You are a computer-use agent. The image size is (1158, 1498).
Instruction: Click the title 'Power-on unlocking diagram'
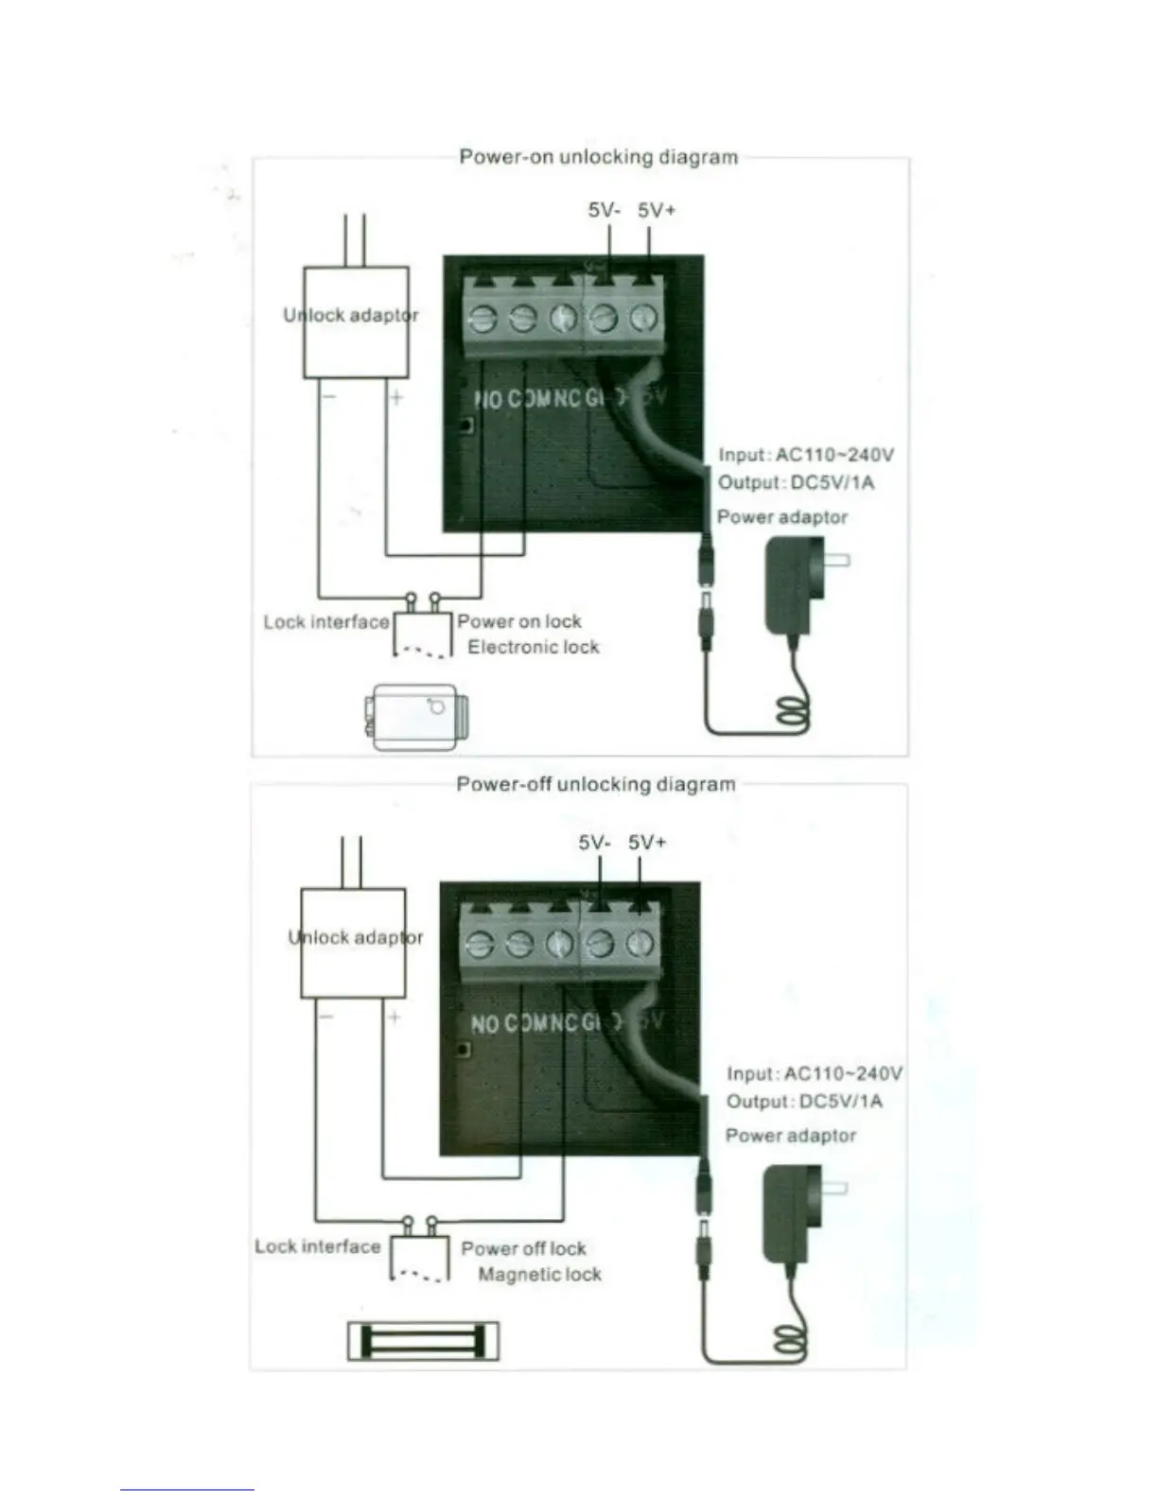tap(598, 157)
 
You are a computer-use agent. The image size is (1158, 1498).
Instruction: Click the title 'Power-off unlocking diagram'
tap(595, 784)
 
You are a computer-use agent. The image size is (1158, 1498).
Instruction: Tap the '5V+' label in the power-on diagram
tap(657, 211)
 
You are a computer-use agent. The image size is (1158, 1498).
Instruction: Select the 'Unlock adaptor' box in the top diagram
tap(355, 322)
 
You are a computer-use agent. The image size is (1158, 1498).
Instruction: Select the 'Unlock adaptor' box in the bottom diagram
tap(353, 943)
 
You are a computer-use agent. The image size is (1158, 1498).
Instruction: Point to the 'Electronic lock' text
tap(534, 647)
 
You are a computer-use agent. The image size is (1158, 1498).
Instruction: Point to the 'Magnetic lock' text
tap(539, 1274)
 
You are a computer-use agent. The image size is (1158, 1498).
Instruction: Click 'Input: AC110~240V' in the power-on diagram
tap(806, 455)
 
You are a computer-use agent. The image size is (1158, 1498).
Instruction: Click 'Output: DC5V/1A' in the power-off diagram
tap(804, 1101)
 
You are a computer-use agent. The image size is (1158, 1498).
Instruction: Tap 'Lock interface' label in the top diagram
tap(326, 622)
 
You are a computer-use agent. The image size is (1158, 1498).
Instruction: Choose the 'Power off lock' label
tap(523, 1248)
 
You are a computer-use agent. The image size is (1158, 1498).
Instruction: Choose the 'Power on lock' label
tap(519, 621)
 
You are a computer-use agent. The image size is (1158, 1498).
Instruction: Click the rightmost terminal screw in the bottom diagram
tap(641, 943)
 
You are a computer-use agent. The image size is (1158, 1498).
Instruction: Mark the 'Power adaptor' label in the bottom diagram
tap(791, 1135)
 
